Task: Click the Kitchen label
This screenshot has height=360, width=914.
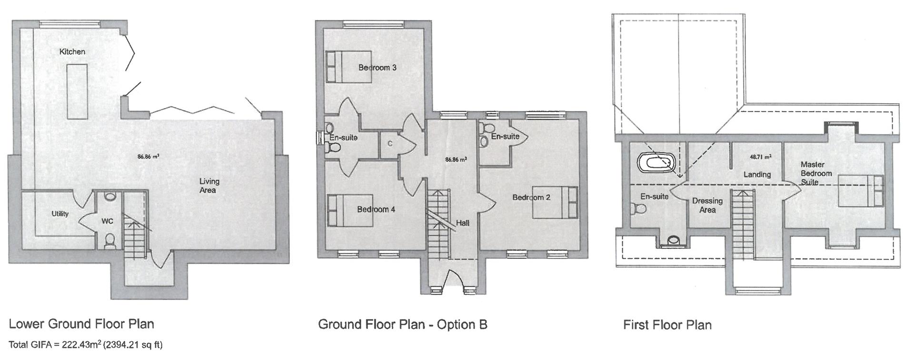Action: (x=72, y=51)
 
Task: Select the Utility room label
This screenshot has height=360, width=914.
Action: (x=60, y=214)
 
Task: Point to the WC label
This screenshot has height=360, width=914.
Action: (x=107, y=221)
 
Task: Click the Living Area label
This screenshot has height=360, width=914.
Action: (x=209, y=186)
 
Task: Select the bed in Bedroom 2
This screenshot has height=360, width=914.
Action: (x=555, y=202)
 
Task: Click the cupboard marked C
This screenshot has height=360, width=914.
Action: (x=389, y=143)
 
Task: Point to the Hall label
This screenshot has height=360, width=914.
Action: (x=463, y=222)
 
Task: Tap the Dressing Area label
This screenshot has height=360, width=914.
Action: (x=707, y=205)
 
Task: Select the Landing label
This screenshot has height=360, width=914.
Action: (x=757, y=174)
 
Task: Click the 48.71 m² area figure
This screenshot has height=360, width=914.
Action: (x=761, y=156)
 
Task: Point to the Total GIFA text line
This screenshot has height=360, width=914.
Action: (x=86, y=345)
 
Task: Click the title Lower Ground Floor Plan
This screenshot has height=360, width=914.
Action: (x=81, y=324)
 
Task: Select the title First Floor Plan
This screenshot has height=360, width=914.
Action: (x=667, y=325)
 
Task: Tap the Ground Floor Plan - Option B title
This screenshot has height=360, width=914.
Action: (x=403, y=325)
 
